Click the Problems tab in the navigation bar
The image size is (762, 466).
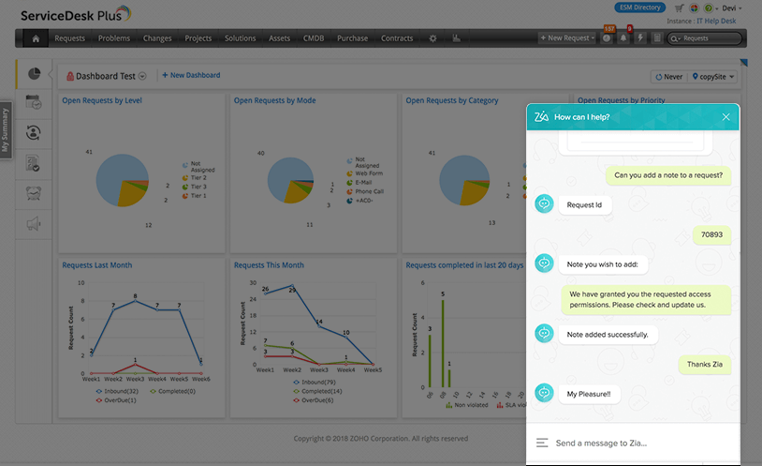click(x=114, y=38)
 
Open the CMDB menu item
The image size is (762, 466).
click(x=314, y=38)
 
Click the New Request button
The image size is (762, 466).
click(x=568, y=38)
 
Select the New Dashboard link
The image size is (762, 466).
click(x=191, y=75)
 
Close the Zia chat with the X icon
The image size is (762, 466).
click(x=725, y=117)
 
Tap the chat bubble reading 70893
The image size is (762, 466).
click(x=712, y=236)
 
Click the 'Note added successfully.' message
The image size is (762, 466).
click(x=608, y=334)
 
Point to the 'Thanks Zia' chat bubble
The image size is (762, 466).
click(x=705, y=365)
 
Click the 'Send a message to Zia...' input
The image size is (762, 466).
click(x=627, y=443)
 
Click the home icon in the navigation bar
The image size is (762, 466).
click(x=36, y=38)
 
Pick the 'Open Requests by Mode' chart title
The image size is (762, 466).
click(x=274, y=100)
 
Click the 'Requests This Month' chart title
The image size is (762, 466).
click(x=269, y=265)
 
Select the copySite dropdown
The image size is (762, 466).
click(x=712, y=77)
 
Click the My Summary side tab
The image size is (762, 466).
click(x=6, y=130)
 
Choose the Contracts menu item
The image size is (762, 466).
click(x=397, y=38)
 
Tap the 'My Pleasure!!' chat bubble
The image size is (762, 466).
click(x=588, y=395)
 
